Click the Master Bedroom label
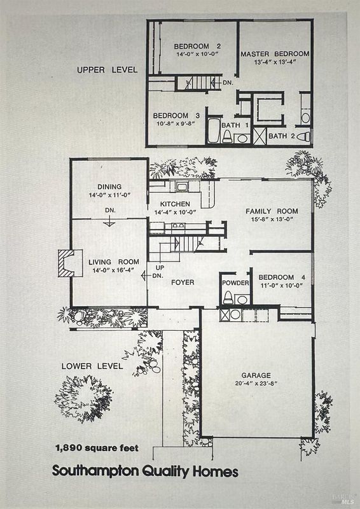pos(275,54)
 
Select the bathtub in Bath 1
pos(214,131)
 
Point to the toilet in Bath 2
pos(303,136)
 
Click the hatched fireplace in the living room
pos(67,263)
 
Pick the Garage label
pos(256,375)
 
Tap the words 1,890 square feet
pos(97,449)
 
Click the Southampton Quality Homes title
pos(145,471)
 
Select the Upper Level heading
pos(107,70)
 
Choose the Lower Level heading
pos(92,366)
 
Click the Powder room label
pos(235,283)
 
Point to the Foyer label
pos(183,282)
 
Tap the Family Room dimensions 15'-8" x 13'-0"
pos(272,219)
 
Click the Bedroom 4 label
pos(282,277)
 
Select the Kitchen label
pos(175,204)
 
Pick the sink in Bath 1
pos(242,139)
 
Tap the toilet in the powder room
pos(228,298)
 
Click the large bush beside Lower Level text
pos(84,399)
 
